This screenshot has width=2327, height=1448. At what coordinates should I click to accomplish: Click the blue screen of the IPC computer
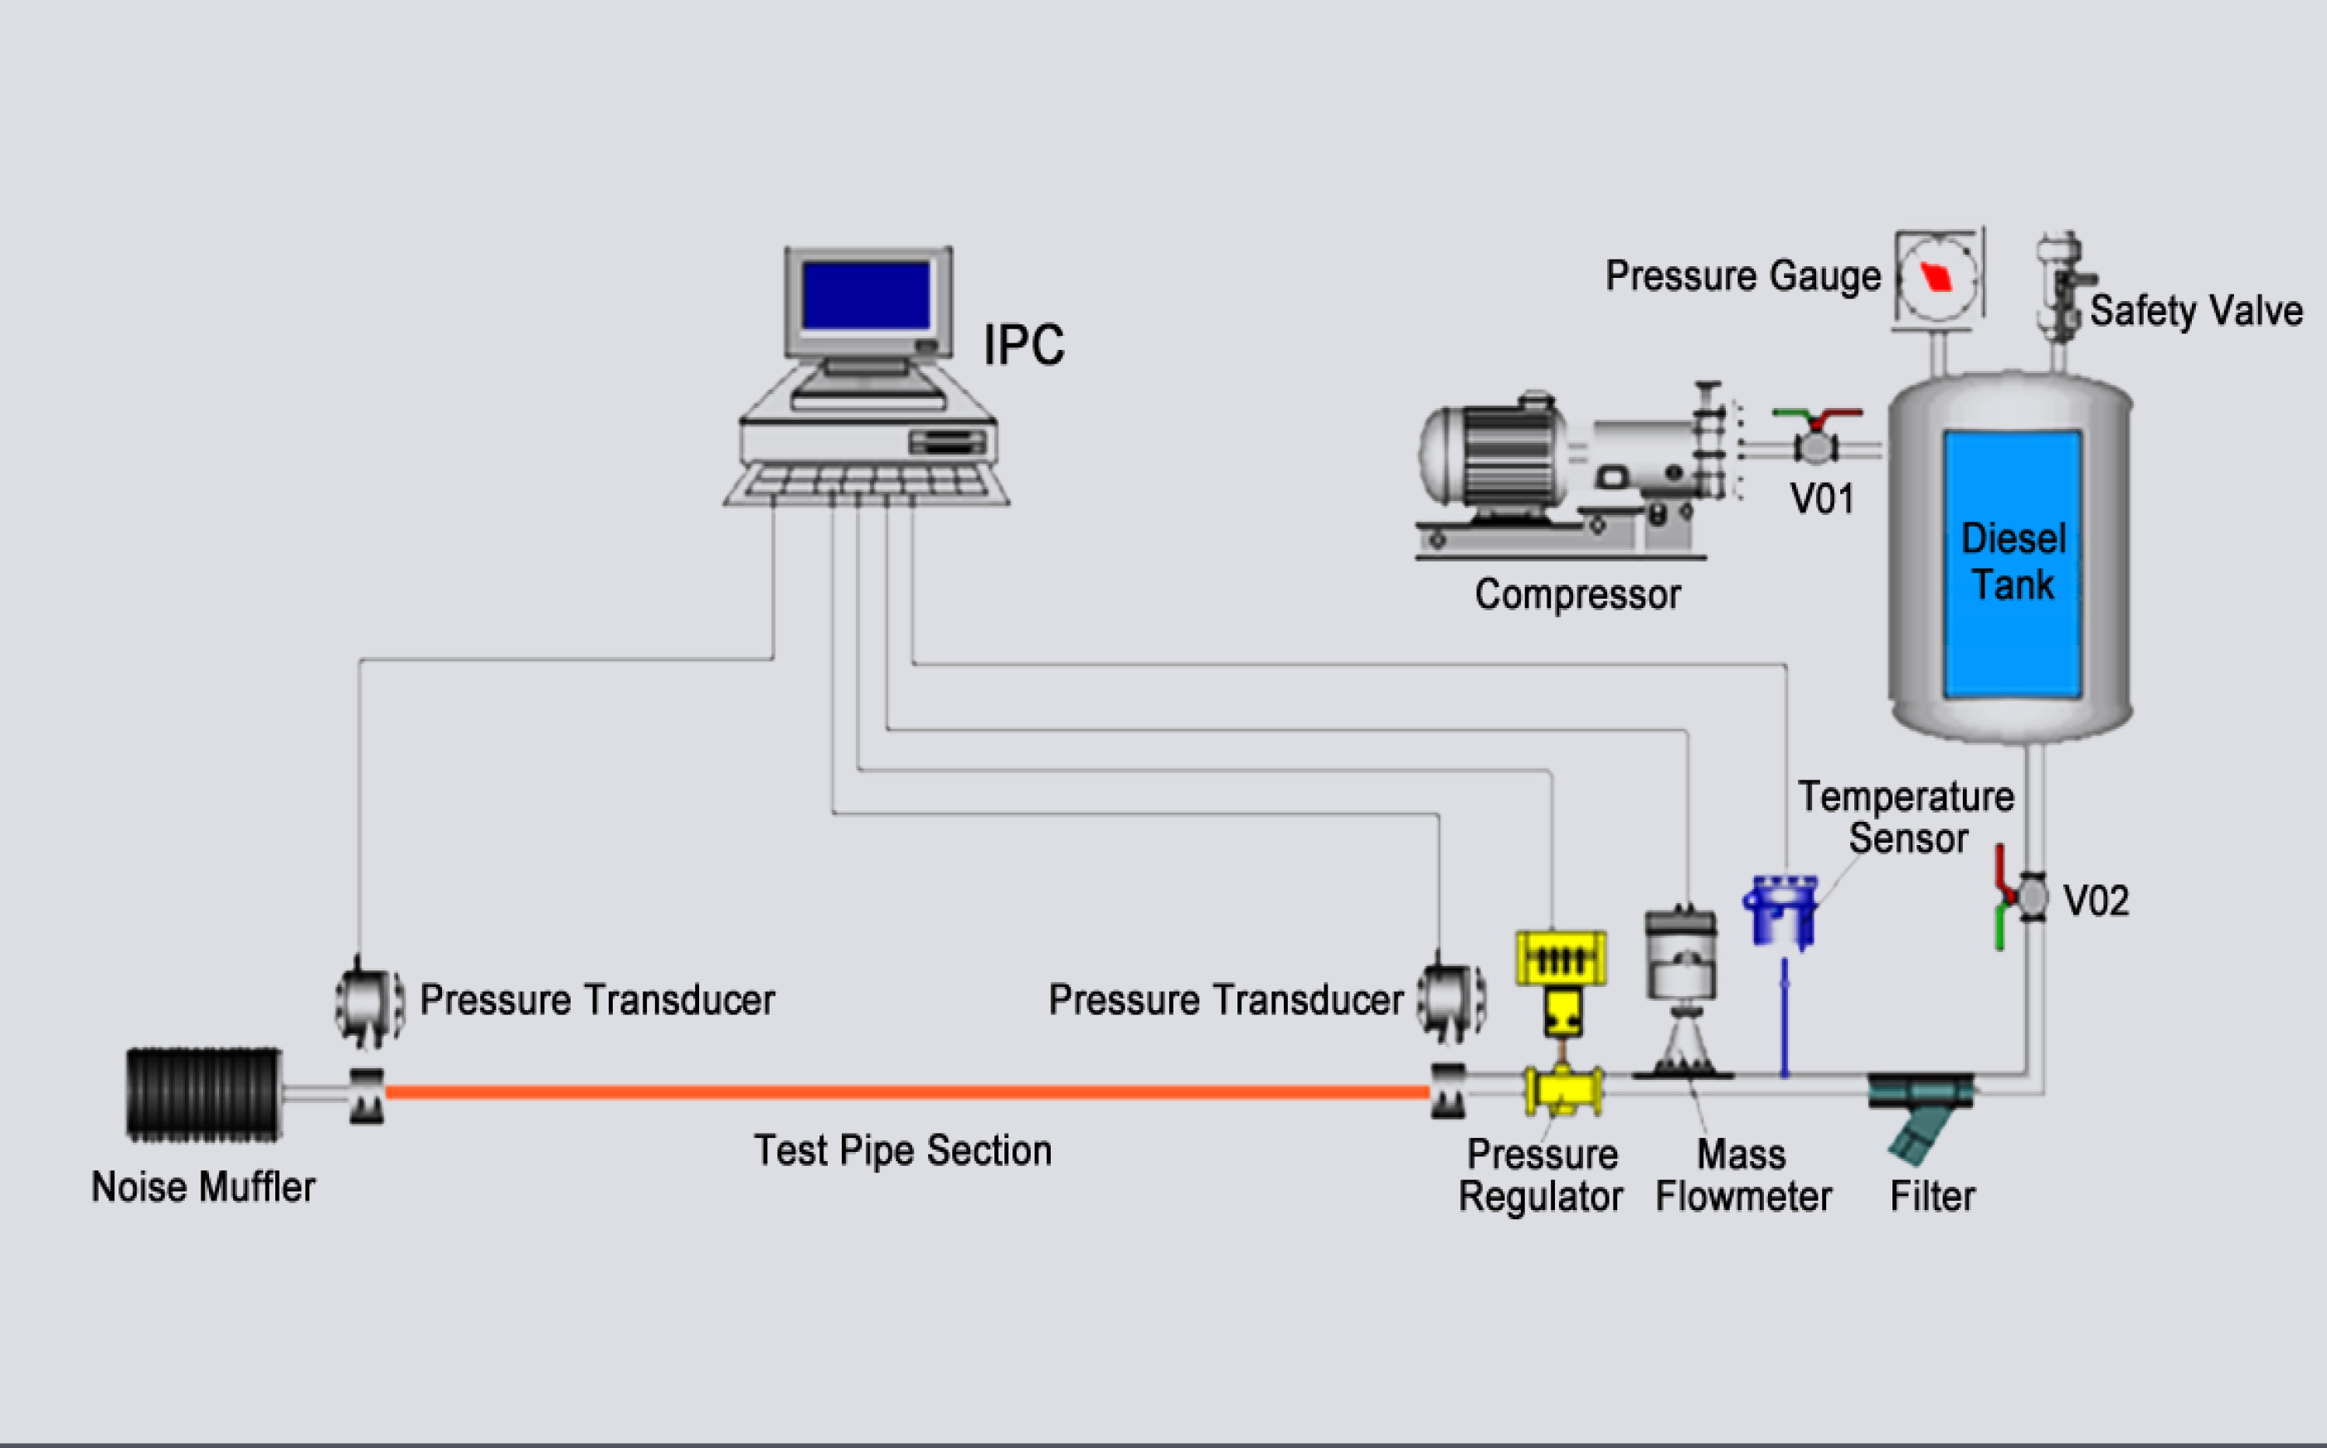point(866,296)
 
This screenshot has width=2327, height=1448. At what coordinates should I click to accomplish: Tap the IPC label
point(1023,344)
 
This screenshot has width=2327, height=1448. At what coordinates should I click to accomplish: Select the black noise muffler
point(204,1094)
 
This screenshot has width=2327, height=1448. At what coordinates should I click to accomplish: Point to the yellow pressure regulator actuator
point(1561,959)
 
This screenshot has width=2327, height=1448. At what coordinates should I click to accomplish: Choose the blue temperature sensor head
point(1781,910)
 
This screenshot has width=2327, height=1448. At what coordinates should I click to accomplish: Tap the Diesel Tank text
point(2013,561)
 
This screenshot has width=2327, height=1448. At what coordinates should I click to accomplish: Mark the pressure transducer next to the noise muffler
point(369,1003)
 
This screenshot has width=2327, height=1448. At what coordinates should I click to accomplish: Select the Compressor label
point(1577,595)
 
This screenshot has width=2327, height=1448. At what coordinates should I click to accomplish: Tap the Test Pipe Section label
point(902,1150)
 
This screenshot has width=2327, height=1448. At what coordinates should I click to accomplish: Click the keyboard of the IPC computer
point(867,482)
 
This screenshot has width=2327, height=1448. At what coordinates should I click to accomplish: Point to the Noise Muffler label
point(203,1188)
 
